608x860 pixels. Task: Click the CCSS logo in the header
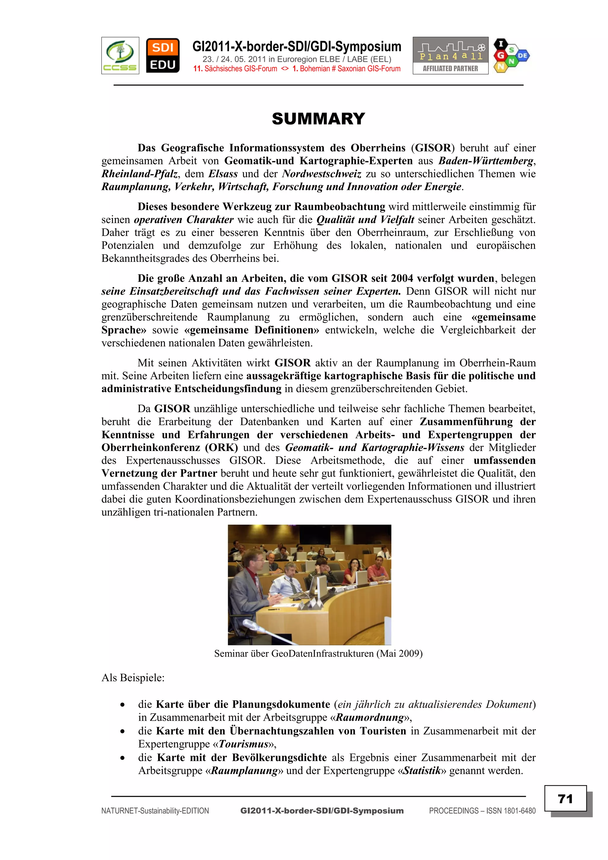pos(120,56)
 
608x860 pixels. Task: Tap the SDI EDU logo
pos(163,56)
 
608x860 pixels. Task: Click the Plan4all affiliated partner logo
pos(450,56)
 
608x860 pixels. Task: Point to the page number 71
pos(565,799)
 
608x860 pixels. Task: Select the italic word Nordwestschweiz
pos(322,174)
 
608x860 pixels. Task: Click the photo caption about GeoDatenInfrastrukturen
pos(318,654)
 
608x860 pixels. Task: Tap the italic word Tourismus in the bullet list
pos(244,744)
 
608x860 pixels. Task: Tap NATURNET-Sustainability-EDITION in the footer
pos(155,811)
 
